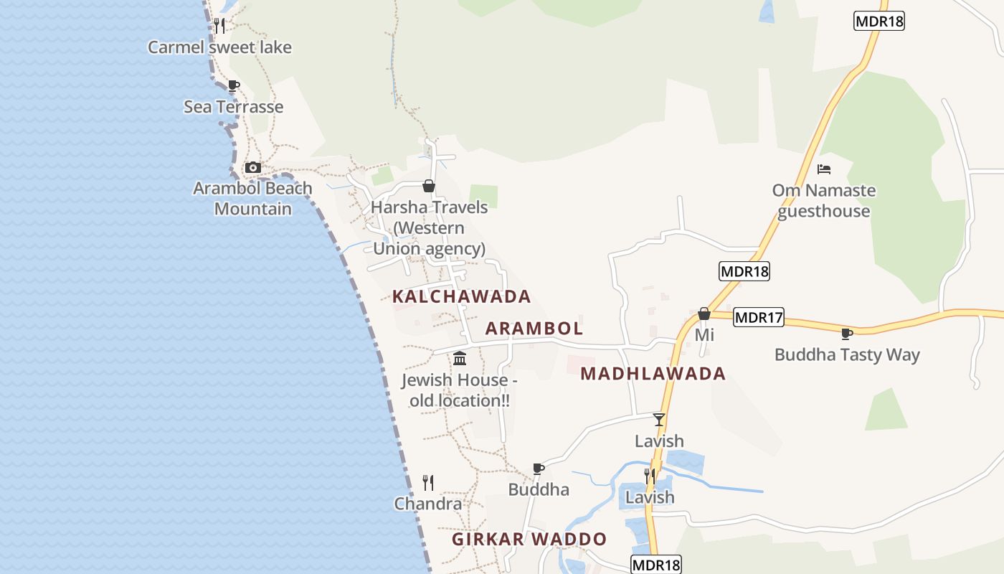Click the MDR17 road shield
tap(759, 317)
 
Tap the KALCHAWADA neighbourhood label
tap(461, 296)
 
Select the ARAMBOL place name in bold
tap(534, 329)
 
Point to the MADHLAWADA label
tap(653, 374)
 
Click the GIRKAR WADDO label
tap(529, 540)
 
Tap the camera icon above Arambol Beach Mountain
tap(252, 168)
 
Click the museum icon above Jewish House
tap(460, 358)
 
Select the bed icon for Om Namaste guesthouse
tap(824, 169)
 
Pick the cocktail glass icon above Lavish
tap(659, 420)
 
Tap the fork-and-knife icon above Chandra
tap(428, 482)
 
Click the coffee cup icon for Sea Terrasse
tap(233, 86)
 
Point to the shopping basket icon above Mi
tap(704, 314)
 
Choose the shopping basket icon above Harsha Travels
tap(429, 187)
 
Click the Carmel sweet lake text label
tap(219, 47)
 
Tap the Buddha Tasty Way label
tap(847, 355)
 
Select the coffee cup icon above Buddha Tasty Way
tap(847, 334)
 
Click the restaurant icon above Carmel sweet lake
tap(219, 26)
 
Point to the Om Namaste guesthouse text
tap(824, 201)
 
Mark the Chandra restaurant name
tap(428, 504)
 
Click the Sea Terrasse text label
tap(234, 107)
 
